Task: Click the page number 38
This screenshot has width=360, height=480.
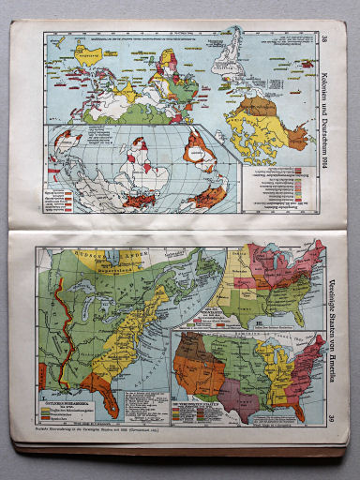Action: [323, 38]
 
